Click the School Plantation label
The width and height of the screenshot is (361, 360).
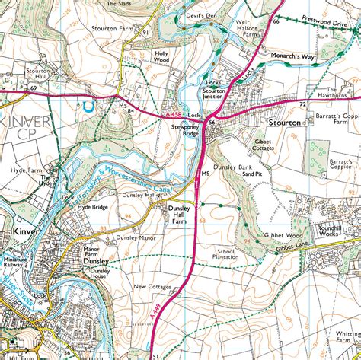[226, 254]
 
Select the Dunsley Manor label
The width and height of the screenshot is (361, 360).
[136, 238]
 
